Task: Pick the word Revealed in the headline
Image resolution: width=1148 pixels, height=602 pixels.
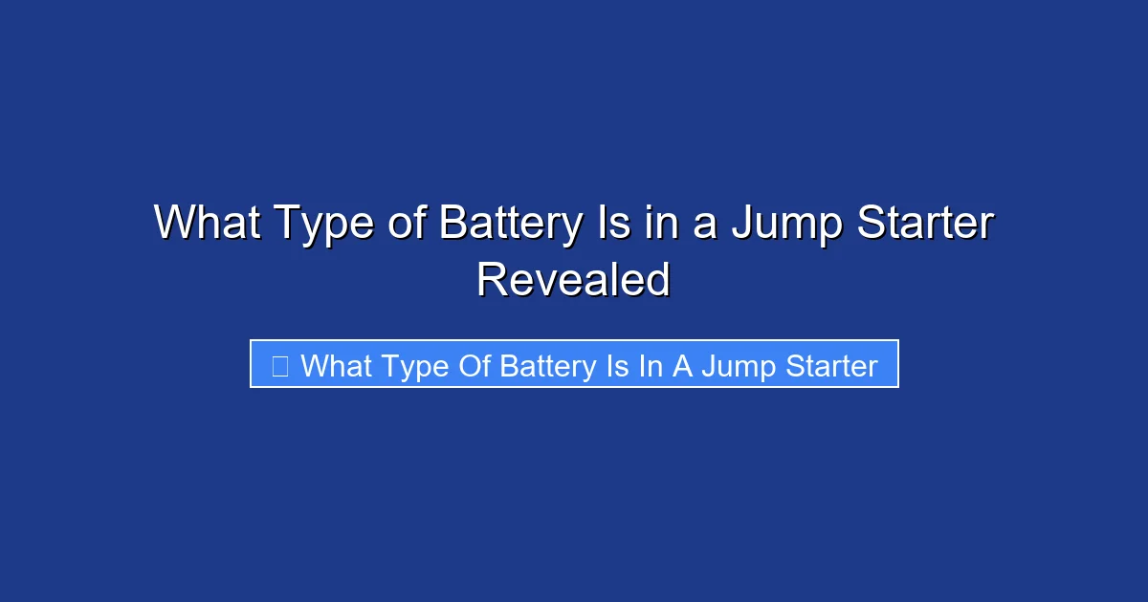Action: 573,280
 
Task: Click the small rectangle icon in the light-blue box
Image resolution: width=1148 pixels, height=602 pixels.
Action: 280,365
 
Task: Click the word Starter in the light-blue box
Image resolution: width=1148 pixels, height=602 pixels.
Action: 828,365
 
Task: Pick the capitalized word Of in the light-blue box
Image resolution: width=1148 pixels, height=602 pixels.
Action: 472,365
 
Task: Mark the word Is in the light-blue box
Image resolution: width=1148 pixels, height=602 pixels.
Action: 616,365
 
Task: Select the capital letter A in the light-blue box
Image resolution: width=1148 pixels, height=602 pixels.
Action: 682,365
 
